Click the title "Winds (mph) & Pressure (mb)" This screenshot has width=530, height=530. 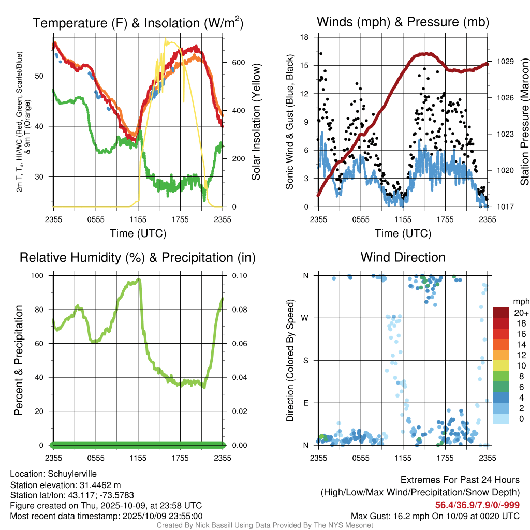coord(403,22)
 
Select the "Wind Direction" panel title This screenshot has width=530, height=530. coord(403,257)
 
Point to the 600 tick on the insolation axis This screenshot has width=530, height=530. coord(238,63)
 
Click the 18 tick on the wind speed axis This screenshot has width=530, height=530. coord(304,37)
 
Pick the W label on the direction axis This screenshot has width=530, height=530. coord(305,318)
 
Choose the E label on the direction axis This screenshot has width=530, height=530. coord(305,403)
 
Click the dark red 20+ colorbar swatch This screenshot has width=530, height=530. coord(502,313)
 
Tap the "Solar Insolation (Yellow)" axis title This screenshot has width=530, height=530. coord(256,122)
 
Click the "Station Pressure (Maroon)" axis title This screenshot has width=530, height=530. coord(523,122)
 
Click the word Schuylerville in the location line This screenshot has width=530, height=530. coord(72,474)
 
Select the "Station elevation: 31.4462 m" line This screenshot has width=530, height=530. coord(65,484)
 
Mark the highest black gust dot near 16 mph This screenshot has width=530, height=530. coord(321,54)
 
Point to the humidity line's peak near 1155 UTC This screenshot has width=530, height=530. coord(138,280)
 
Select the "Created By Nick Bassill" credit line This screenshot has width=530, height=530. coord(264,525)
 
